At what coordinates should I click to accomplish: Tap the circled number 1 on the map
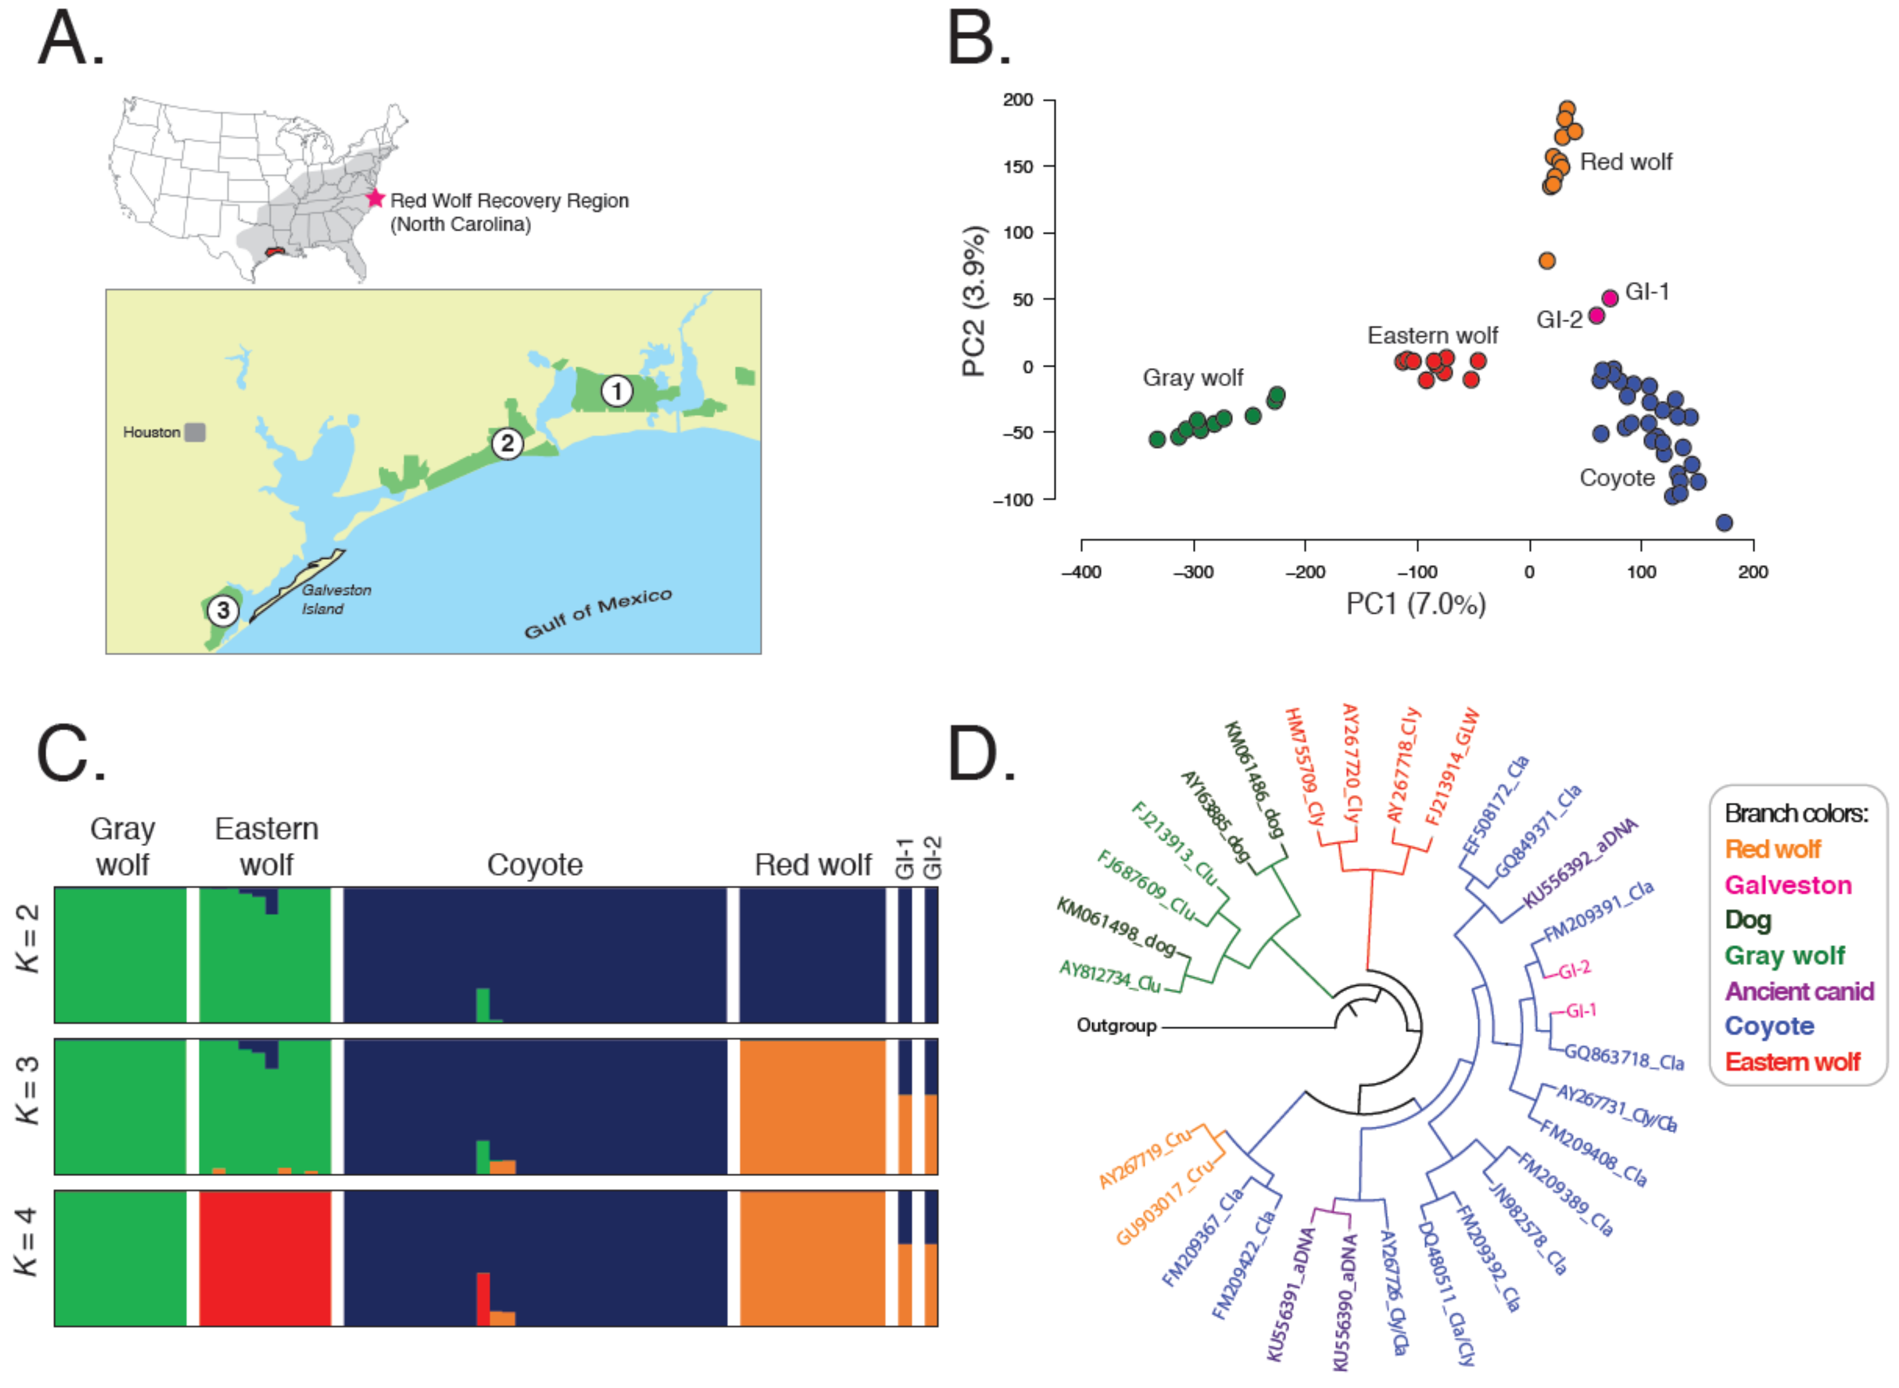pos(616,391)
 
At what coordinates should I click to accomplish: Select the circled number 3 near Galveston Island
pos(222,609)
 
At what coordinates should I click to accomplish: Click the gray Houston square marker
pos(195,432)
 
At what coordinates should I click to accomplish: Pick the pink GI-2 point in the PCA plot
pos(1596,316)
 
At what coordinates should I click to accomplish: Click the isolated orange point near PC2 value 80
pos(1546,260)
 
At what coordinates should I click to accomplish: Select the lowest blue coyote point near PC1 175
pos(1724,522)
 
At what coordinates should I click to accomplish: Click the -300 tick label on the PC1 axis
pos(1192,572)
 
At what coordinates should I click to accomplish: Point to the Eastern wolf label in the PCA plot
pos(1432,335)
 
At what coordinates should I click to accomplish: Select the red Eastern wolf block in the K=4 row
pos(265,1258)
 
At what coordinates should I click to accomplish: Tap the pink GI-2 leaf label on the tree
pos(1574,970)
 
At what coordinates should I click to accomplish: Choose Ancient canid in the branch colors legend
pos(1798,991)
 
